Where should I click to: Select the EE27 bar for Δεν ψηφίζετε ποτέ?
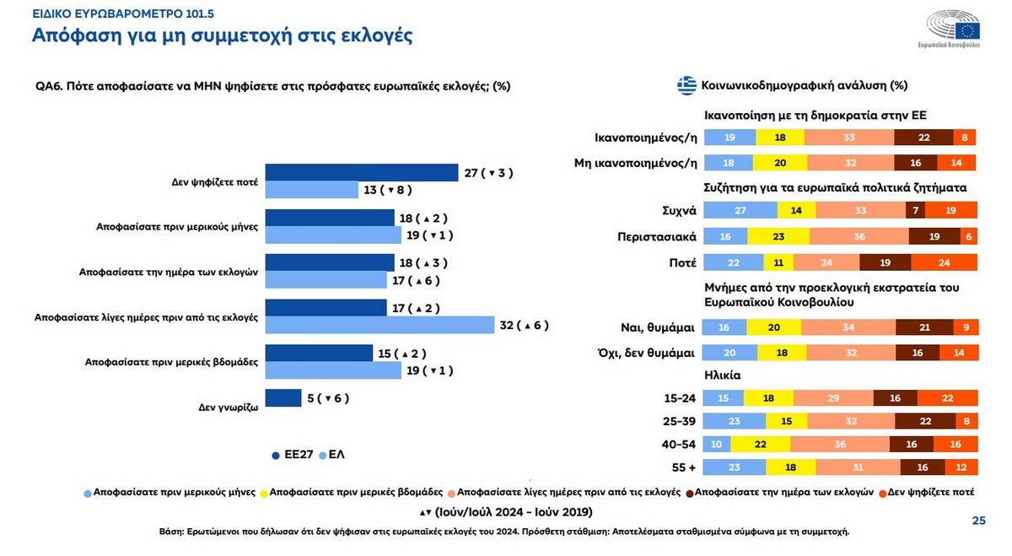pyautogui.click(x=363, y=172)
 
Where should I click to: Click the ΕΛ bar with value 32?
pyautogui.click(x=379, y=325)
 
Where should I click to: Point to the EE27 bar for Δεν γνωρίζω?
pyautogui.click(x=283, y=398)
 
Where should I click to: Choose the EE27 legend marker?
pyautogui.click(x=276, y=456)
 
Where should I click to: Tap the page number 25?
pyautogui.click(x=978, y=521)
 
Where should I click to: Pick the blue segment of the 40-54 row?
pyautogui.click(x=717, y=444)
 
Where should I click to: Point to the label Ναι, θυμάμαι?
pyautogui.click(x=656, y=327)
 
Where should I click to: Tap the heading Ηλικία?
pyautogui.click(x=722, y=375)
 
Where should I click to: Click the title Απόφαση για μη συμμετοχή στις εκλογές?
pyautogui.click(x=222, y=36)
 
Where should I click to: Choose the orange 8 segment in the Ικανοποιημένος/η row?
pyautogui.click(x=965, y=138)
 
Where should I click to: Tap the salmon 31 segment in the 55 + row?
pyautogui.click(x=858, y=467)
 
